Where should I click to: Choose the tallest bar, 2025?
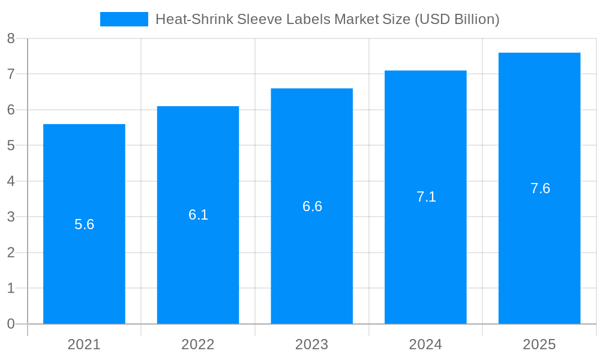(x=539, y=252)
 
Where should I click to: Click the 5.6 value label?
(x=85, y=224)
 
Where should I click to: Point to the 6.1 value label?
(x=198, y=215)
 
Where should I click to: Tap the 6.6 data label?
(x=312, y=206)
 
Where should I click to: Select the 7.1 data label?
(x=426, y=197)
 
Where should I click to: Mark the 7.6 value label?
(x=540, y=188)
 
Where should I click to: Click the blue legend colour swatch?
(x=124, y=19)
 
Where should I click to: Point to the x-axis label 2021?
(x=84, y=344)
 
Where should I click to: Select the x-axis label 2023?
(x=312, y=344)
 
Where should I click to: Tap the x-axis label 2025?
(x=539, y=344)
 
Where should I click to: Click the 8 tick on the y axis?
(x=11, y=39)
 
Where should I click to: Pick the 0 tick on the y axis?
(x=11, y=324)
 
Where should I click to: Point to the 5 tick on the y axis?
(x=11, y=146)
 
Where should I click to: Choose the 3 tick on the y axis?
(x=11, y=217)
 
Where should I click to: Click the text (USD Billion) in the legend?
(x=457, y=19)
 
